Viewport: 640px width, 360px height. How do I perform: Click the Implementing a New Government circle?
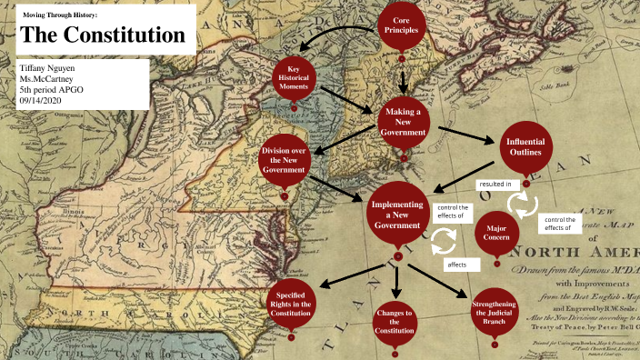397,217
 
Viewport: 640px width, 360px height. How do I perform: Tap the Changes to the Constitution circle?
395,320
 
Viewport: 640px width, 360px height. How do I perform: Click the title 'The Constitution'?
102,35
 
